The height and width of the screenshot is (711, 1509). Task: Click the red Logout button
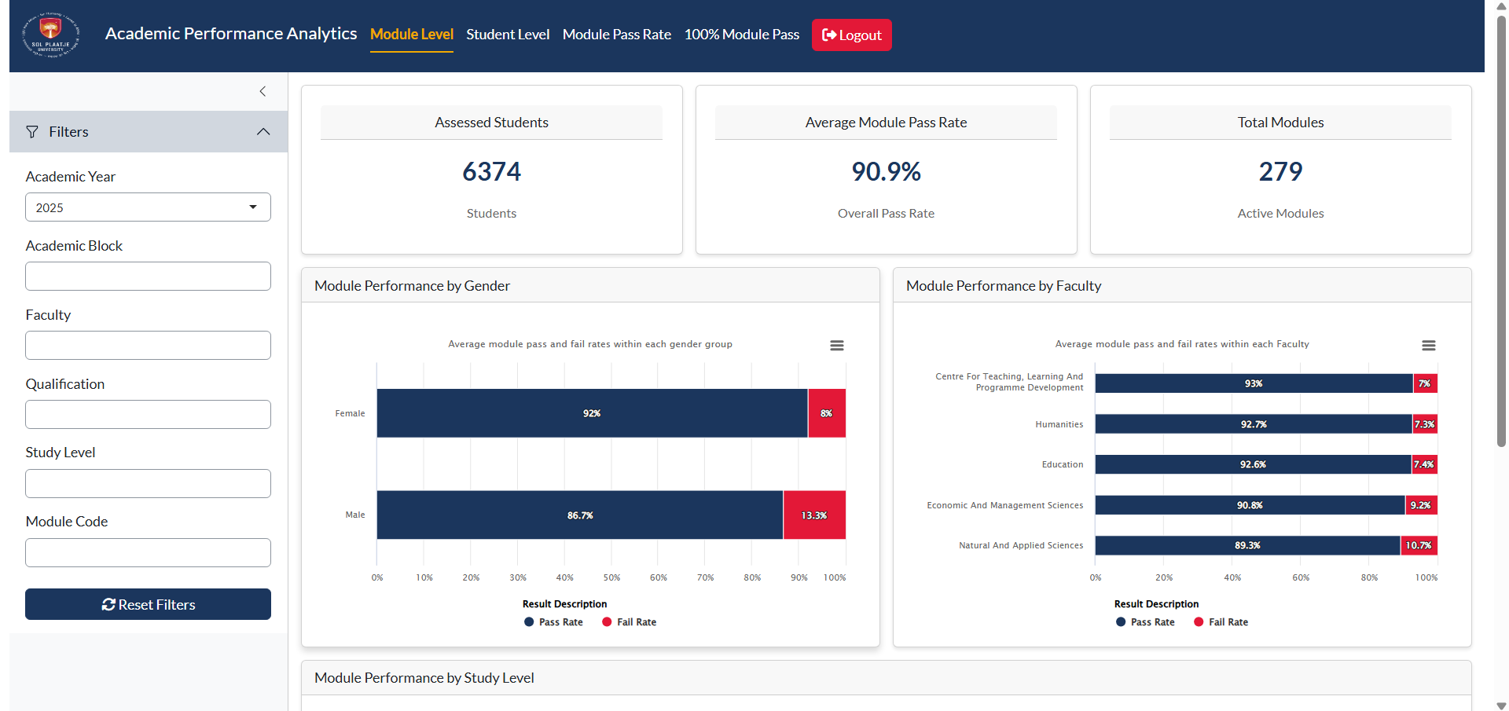click(851, 35)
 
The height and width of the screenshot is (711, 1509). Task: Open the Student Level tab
click(508, 35)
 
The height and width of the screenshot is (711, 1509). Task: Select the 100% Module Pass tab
click(741, 35)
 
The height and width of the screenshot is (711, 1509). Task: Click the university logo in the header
click(50, 35)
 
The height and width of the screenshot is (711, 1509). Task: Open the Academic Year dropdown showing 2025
click(148, 207)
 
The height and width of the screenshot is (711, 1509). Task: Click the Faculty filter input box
click(148, 346)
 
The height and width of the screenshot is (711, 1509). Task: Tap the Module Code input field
click(148, 553)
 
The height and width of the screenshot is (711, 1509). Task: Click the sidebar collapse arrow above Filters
click(263, 91)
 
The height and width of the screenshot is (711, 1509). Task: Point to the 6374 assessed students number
click(491, 171)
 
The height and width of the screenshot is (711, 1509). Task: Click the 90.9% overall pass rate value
click(886, 171)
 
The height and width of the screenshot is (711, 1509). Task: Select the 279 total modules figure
click(1280, 171)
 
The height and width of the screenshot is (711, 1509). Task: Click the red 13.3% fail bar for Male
click(814, 515)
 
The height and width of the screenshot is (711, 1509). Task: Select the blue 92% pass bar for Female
click(592, 413)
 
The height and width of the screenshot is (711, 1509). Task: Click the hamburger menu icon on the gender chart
click(837, 346)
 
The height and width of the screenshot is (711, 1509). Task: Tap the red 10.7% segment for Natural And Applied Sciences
click(1419, 545)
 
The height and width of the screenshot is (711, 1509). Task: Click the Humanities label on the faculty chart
click(1059, 424)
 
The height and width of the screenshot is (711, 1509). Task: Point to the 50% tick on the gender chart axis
click(611, 577)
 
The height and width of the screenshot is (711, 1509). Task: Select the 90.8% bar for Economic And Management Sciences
click(1250, 505)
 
